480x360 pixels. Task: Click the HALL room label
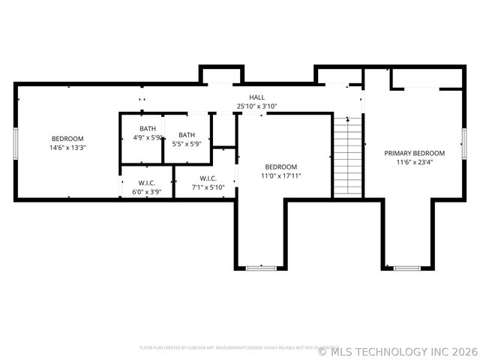(257, 97)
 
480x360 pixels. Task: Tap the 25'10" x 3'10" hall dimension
(257, 106)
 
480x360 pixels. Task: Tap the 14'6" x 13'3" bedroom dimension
(67, 148)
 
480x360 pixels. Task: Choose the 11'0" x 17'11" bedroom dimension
(281, 175)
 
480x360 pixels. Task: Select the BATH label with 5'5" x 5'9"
(187, 135)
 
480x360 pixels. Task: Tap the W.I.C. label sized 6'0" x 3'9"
(146, 183)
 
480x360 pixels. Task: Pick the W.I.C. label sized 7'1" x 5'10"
(208, 178)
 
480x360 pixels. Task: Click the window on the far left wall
(15, 142)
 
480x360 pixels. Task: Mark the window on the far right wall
(464, 142)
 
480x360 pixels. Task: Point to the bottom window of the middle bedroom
(261, 267)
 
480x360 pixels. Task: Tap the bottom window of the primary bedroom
(407, 267)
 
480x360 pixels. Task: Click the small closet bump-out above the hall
(221, 75)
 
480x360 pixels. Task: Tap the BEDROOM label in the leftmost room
(67, 139)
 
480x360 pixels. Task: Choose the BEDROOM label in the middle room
(281, 166)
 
